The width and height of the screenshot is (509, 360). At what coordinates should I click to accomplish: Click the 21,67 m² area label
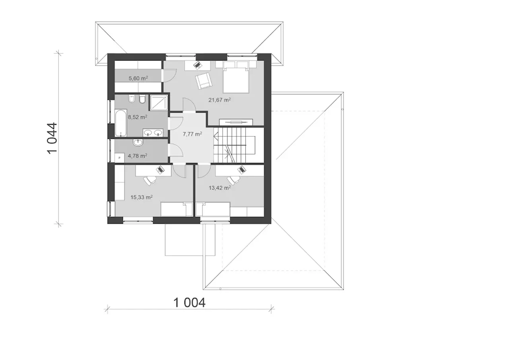click(x=220, y=100)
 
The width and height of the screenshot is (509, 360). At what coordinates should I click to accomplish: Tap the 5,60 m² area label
click(x=138, y=78)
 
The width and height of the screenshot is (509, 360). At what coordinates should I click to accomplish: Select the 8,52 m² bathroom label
click(x=137, y=117)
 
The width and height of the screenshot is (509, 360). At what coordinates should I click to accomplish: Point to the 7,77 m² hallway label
click(x=192, y=134)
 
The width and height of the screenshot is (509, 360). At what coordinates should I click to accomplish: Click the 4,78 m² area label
click(x=137, y=156)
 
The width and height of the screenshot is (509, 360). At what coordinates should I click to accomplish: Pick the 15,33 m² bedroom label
click(x=141, y=197)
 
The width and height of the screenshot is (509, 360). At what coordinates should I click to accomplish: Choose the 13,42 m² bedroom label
click(x=220, y=188)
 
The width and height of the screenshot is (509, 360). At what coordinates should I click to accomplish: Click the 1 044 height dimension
click(x=52, y=138)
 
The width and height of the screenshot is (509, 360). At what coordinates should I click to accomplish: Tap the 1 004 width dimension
click(x=189, y=303)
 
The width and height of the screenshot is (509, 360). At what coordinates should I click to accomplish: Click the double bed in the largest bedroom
click(x=236, y=77)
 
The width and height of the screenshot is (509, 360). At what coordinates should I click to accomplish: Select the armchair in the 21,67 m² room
click(x=204, y=81)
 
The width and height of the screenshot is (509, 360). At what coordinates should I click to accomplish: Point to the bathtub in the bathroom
click(x=120, y=123)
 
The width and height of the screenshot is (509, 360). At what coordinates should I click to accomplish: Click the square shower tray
click(x=159, y=103)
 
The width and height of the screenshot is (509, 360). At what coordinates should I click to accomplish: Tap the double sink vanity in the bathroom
click(x=153, y=133)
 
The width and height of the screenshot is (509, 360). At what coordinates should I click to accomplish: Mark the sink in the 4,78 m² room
click(x=138, y=142)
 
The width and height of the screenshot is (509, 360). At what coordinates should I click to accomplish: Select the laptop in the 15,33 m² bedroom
click(x=161, y=170)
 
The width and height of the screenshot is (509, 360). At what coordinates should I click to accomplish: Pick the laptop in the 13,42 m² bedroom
click(x=241, y=170)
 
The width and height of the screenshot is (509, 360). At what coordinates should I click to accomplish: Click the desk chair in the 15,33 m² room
click(x=149, y=181)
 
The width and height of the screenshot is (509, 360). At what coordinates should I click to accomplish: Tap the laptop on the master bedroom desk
click(x=198, y=65)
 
